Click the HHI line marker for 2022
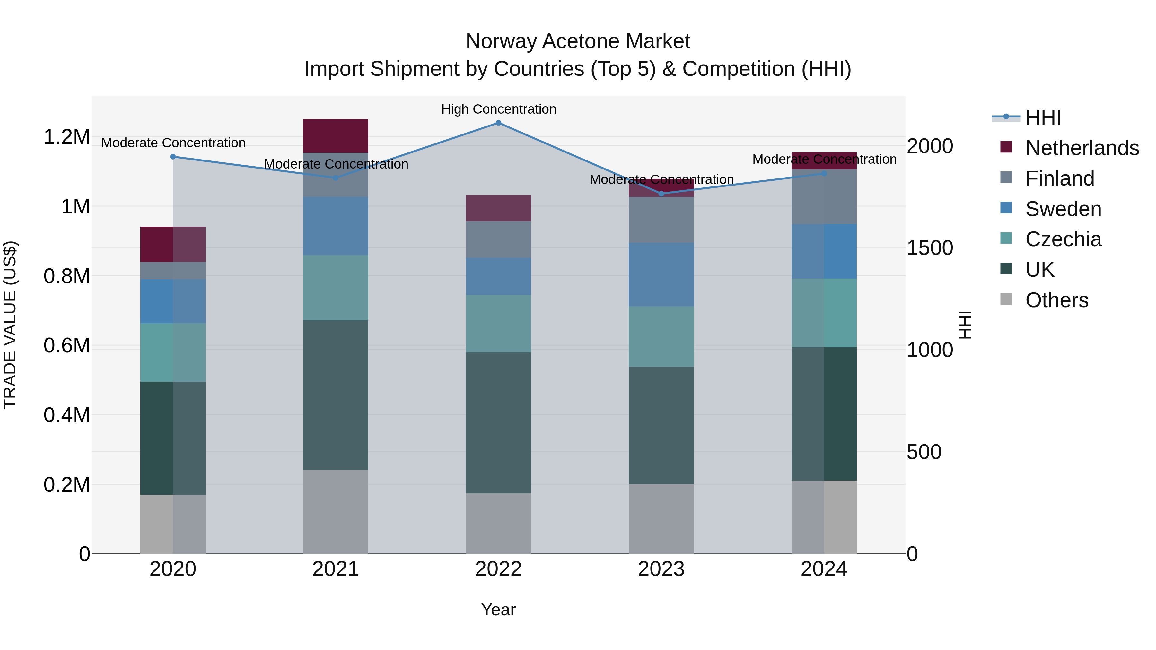pos(498,123)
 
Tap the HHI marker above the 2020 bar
pos(173,157)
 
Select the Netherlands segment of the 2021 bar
pos(335,136)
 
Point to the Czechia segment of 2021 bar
pos(335,288)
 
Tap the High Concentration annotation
pos(498,109)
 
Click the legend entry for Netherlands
pos(1082,148)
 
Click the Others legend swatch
pos(1006,299)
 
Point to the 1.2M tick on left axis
pos(66,137)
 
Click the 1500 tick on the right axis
pos(929,248)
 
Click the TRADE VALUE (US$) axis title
pos(10,325)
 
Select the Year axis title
pos(498,610)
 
